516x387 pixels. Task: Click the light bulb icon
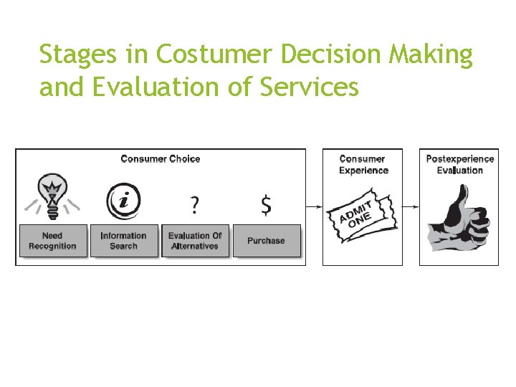[52, 193]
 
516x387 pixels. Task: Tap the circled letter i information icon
[123, 201]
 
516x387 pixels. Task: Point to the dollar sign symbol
[266, 206]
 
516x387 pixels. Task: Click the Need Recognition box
[52, 241]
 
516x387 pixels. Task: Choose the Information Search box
[123, 241]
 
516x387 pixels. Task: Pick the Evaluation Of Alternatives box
[195, 241]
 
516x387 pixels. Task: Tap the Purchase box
[266, 241]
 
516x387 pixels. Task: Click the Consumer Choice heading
[161, 158]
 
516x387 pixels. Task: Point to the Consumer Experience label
[363, 164]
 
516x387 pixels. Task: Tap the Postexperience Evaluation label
[459, 164]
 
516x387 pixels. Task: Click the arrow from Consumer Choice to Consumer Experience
[314, 206]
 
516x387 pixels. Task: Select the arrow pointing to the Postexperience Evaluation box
[411, 206]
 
